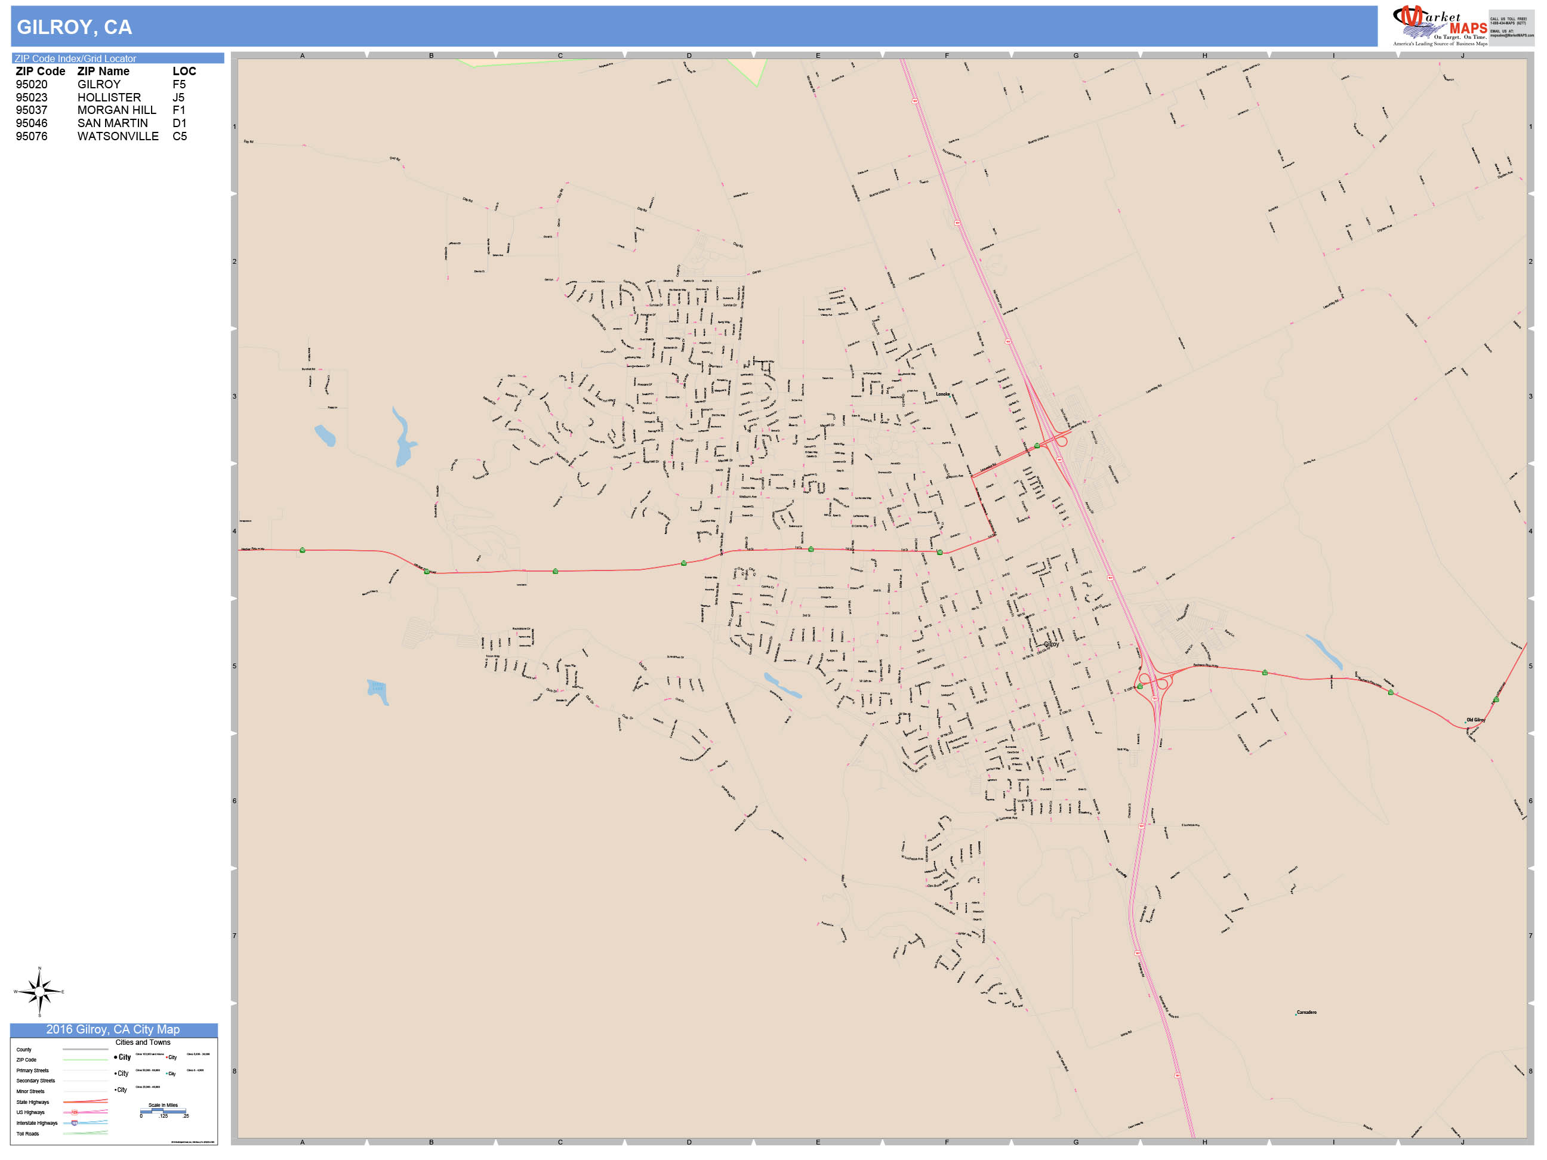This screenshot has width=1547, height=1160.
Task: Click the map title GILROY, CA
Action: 74,27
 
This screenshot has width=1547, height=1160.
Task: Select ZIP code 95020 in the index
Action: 32,85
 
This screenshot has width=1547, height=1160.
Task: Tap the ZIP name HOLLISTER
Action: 109,97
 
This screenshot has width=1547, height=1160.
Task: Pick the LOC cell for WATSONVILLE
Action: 180,136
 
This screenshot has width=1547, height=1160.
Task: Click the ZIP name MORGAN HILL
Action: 117,110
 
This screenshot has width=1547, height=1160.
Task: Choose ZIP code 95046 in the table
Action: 32,123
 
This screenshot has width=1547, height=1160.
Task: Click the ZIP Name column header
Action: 103,72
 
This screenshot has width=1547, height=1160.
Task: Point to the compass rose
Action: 39,992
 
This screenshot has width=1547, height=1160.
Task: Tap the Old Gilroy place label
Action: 1475,720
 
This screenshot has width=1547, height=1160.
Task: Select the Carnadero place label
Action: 1306,1013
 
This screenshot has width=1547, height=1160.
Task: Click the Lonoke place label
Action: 943,394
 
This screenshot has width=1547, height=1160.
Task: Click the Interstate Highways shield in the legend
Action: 75,1123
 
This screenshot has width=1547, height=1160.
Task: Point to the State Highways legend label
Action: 33,1102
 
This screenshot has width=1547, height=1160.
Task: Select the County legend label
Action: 24,1050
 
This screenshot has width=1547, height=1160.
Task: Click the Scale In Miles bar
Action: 163,1110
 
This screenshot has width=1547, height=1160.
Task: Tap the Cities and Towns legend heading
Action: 143,1042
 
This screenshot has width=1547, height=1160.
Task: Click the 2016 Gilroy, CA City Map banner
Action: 113,1029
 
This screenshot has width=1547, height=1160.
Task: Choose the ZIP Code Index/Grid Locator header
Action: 76,58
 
